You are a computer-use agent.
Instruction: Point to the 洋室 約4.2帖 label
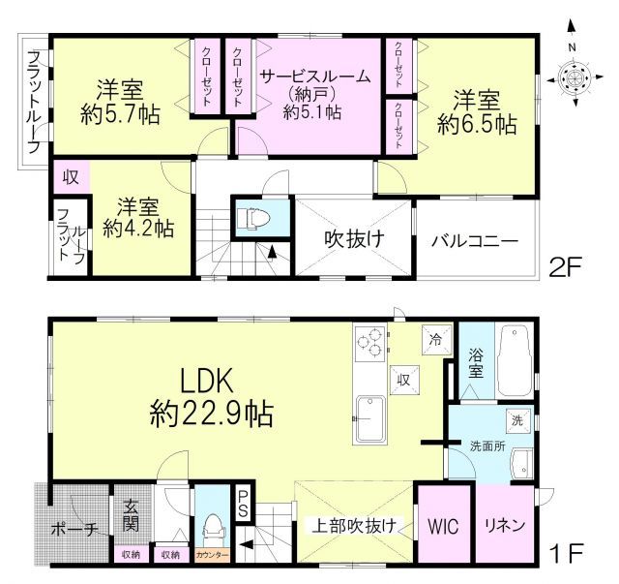click(138, 219)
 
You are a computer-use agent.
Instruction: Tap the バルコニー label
click(474, 240)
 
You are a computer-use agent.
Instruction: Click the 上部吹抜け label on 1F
click(353, 527)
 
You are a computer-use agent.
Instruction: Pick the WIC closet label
click(444, 527)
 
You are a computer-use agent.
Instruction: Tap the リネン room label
click(504, 527)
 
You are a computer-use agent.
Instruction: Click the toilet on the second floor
click(248, 217)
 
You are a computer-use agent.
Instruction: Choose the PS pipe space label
click(245, 503)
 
